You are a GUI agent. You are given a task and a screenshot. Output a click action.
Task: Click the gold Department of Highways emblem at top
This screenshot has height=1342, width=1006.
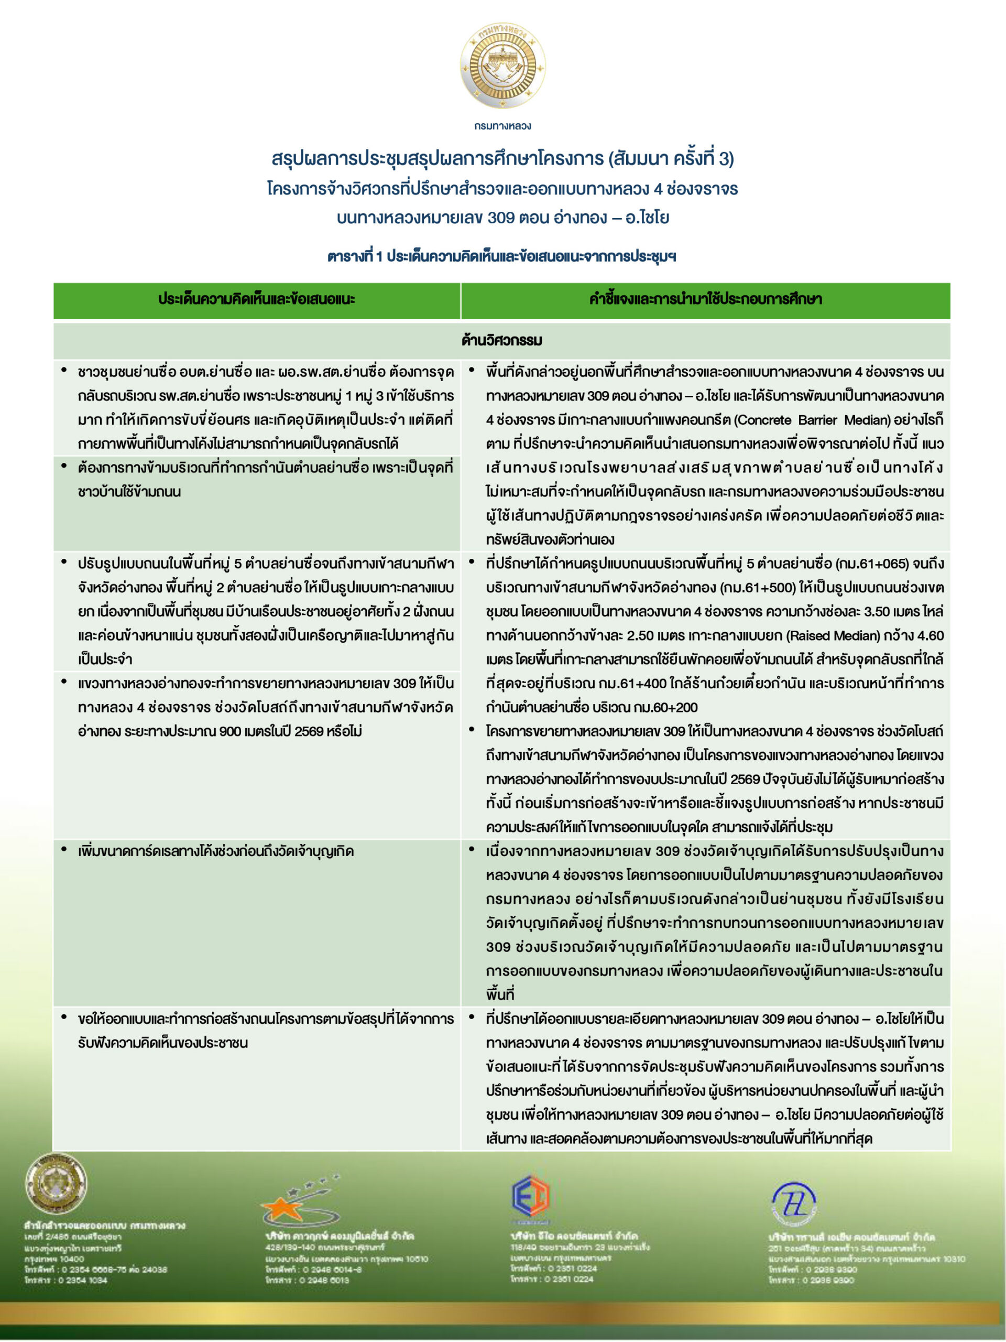[502, 66]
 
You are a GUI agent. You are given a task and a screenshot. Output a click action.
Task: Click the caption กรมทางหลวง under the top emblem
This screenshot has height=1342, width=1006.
[502, 126]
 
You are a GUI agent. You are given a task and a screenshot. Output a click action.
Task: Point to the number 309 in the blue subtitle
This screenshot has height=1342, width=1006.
[501, 217]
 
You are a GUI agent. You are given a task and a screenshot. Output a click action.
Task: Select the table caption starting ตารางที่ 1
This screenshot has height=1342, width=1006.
[501, 257]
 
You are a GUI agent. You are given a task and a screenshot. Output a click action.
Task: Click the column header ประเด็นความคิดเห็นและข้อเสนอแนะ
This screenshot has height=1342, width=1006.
[257, 299]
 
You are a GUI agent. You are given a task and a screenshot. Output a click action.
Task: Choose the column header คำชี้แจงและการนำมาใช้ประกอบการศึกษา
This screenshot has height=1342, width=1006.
[705, 299]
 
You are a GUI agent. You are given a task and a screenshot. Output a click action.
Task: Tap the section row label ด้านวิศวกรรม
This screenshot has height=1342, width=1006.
[501, 340]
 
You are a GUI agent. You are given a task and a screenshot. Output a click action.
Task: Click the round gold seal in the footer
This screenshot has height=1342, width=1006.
[55, 1183]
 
